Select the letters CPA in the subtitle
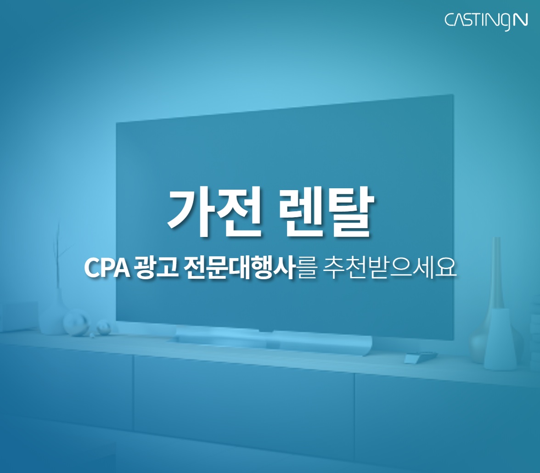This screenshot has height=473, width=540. click(107, 268)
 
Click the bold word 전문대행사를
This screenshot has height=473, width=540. click(250, 268)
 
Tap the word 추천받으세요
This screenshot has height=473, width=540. click(390, 268)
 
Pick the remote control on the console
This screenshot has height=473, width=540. click(421, 357)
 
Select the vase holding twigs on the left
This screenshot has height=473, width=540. click(51, 315)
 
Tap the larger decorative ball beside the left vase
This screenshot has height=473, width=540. click(76, 323)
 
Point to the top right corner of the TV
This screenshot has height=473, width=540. click(453, 95)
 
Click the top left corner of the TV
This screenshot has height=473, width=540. click(116, 122)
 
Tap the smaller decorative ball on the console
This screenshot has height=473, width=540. click(103, 327)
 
